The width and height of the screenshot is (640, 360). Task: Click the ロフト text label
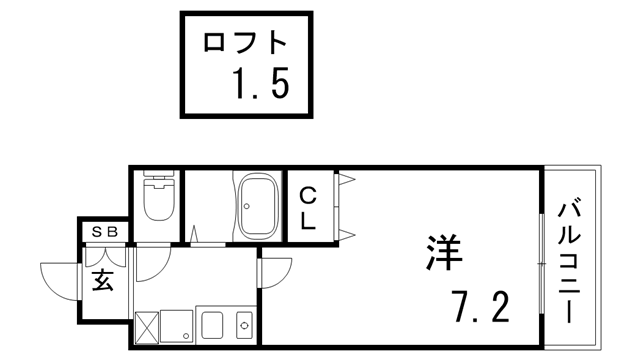[x=245, y=43]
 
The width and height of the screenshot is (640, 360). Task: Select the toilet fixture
[x=159, y=200]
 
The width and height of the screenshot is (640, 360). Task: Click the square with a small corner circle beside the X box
[x=178, y=326]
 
